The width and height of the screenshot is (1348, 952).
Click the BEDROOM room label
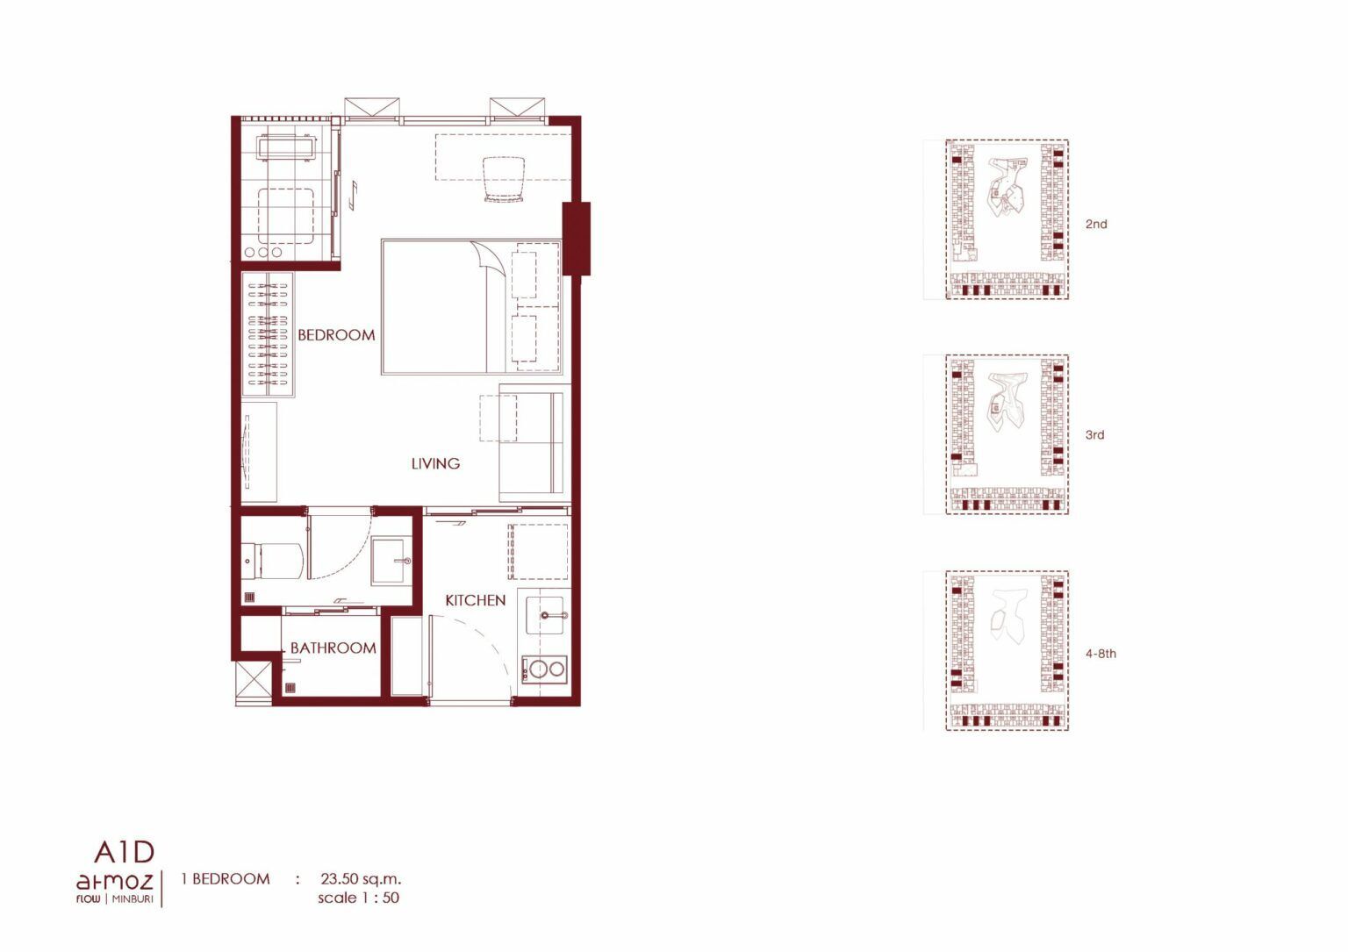(x=336, y=335)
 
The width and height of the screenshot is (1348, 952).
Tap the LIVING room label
(x=435, y=463)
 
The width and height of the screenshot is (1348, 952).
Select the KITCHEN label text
(x=476, y=600)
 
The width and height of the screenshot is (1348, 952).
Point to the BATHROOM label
(x=333, y=648)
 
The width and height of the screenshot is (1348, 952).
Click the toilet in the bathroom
(x=271, y=561)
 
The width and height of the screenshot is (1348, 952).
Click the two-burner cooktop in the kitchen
(x=543, y=668)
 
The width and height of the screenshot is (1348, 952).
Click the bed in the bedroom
(x=471, y=307)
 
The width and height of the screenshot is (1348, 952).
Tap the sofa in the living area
(x=534, y=442)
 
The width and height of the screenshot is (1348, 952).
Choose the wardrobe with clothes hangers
(x=268, y=334)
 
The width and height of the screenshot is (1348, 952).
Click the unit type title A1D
(x=125, y=851)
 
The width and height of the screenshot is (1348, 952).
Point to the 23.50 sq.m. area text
(x=361, y=879)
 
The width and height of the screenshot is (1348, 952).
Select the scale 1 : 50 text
(x=359, y=898)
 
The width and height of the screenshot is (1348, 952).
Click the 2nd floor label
(x=1096, y=225)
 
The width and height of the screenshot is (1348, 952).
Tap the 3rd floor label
(x=1094, y=435)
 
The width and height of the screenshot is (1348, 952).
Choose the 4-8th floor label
(x=1101, y=654)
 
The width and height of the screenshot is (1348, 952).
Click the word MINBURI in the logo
(x=133, y=899)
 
